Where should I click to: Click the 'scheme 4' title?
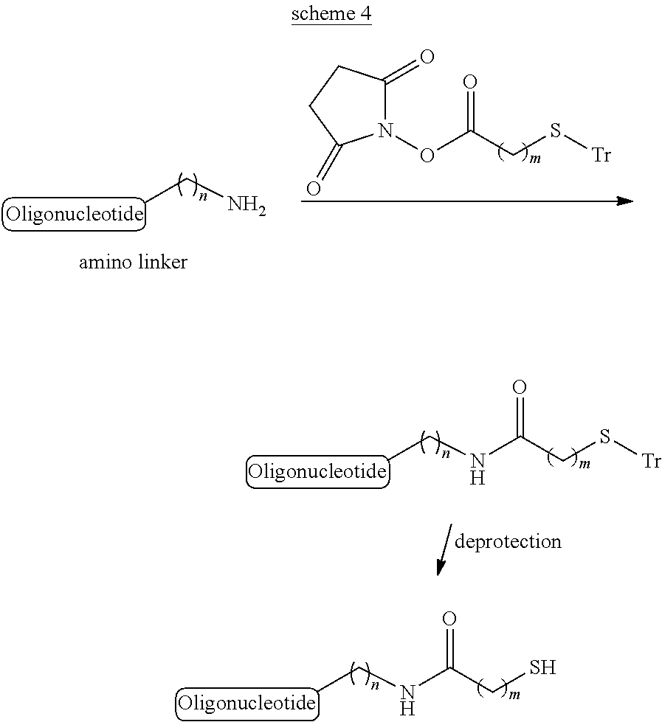(331, 13)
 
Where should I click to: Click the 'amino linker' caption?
(133, 262)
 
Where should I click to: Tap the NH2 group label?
(247, 205)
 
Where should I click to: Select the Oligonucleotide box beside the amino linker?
(74, 214)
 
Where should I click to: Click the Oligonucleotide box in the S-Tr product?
(317, 471)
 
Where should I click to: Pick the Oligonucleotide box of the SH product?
(247, 704)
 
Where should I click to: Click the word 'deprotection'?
(508, 541)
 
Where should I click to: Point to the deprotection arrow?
(444, 549)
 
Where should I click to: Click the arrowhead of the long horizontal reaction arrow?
(625, 201)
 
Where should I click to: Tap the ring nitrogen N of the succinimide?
(385, 131)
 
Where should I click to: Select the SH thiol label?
(542, 667)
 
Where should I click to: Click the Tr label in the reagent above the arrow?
(601, 155)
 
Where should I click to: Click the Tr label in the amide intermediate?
(652, 460)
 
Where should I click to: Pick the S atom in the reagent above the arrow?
(555, 131)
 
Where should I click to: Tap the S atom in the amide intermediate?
(604, 436)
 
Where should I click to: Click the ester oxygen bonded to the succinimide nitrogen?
(427, 156)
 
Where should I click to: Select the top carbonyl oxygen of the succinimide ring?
(427, 57)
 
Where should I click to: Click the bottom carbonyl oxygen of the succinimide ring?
(313, 188)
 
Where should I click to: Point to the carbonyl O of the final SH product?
(449, 619)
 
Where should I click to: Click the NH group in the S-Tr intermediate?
(477, 469)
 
